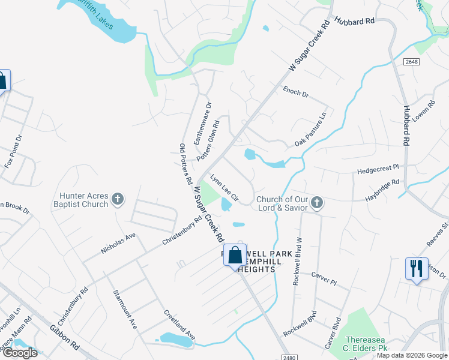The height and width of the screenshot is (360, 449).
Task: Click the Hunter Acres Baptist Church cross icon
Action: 118,199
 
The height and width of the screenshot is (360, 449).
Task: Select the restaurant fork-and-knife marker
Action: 417,268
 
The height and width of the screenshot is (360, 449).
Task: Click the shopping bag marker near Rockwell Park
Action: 235,255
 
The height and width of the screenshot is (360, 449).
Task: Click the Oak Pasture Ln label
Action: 311,130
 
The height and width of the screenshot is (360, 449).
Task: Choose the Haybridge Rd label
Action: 382,193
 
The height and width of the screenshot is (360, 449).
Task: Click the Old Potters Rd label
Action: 185,164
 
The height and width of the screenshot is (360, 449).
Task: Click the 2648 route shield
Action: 411,62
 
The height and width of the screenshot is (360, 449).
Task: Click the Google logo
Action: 20,353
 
